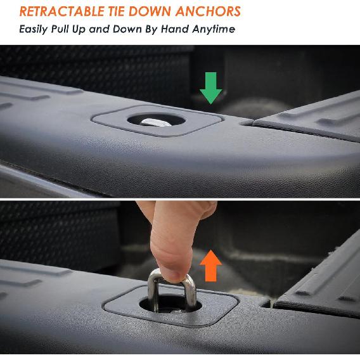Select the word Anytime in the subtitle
pos(217,29)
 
